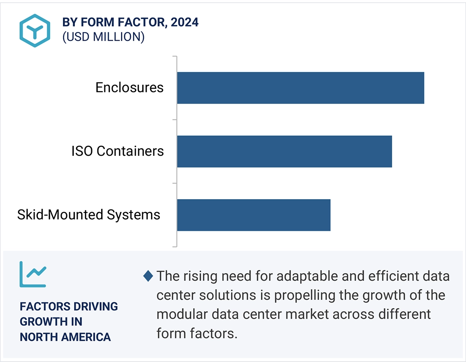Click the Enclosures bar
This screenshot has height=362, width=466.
coord(300,88)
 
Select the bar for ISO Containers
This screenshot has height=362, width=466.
coord(284,151)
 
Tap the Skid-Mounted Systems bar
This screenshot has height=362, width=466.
coord(254,215)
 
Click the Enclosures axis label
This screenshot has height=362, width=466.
coord(129,88)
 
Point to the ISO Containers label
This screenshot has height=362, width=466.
coord(117,151)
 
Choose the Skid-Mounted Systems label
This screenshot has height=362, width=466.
coord(88,215)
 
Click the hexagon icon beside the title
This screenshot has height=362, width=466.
coord(35,31)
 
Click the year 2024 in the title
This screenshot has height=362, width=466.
coord(184,22)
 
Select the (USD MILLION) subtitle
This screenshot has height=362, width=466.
coord(103,37)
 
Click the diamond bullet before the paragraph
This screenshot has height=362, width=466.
coord(148,275)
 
